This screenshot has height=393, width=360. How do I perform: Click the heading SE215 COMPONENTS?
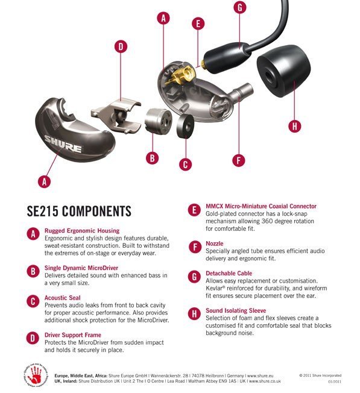(x=79, y=211)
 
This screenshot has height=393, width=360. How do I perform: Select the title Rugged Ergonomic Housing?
(x=82, y=230)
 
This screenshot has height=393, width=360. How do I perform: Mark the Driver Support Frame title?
(x=72, y=335)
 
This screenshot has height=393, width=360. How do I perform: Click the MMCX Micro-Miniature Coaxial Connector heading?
(x=261, y=206)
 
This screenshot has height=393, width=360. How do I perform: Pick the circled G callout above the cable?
(x=239, y=8)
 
